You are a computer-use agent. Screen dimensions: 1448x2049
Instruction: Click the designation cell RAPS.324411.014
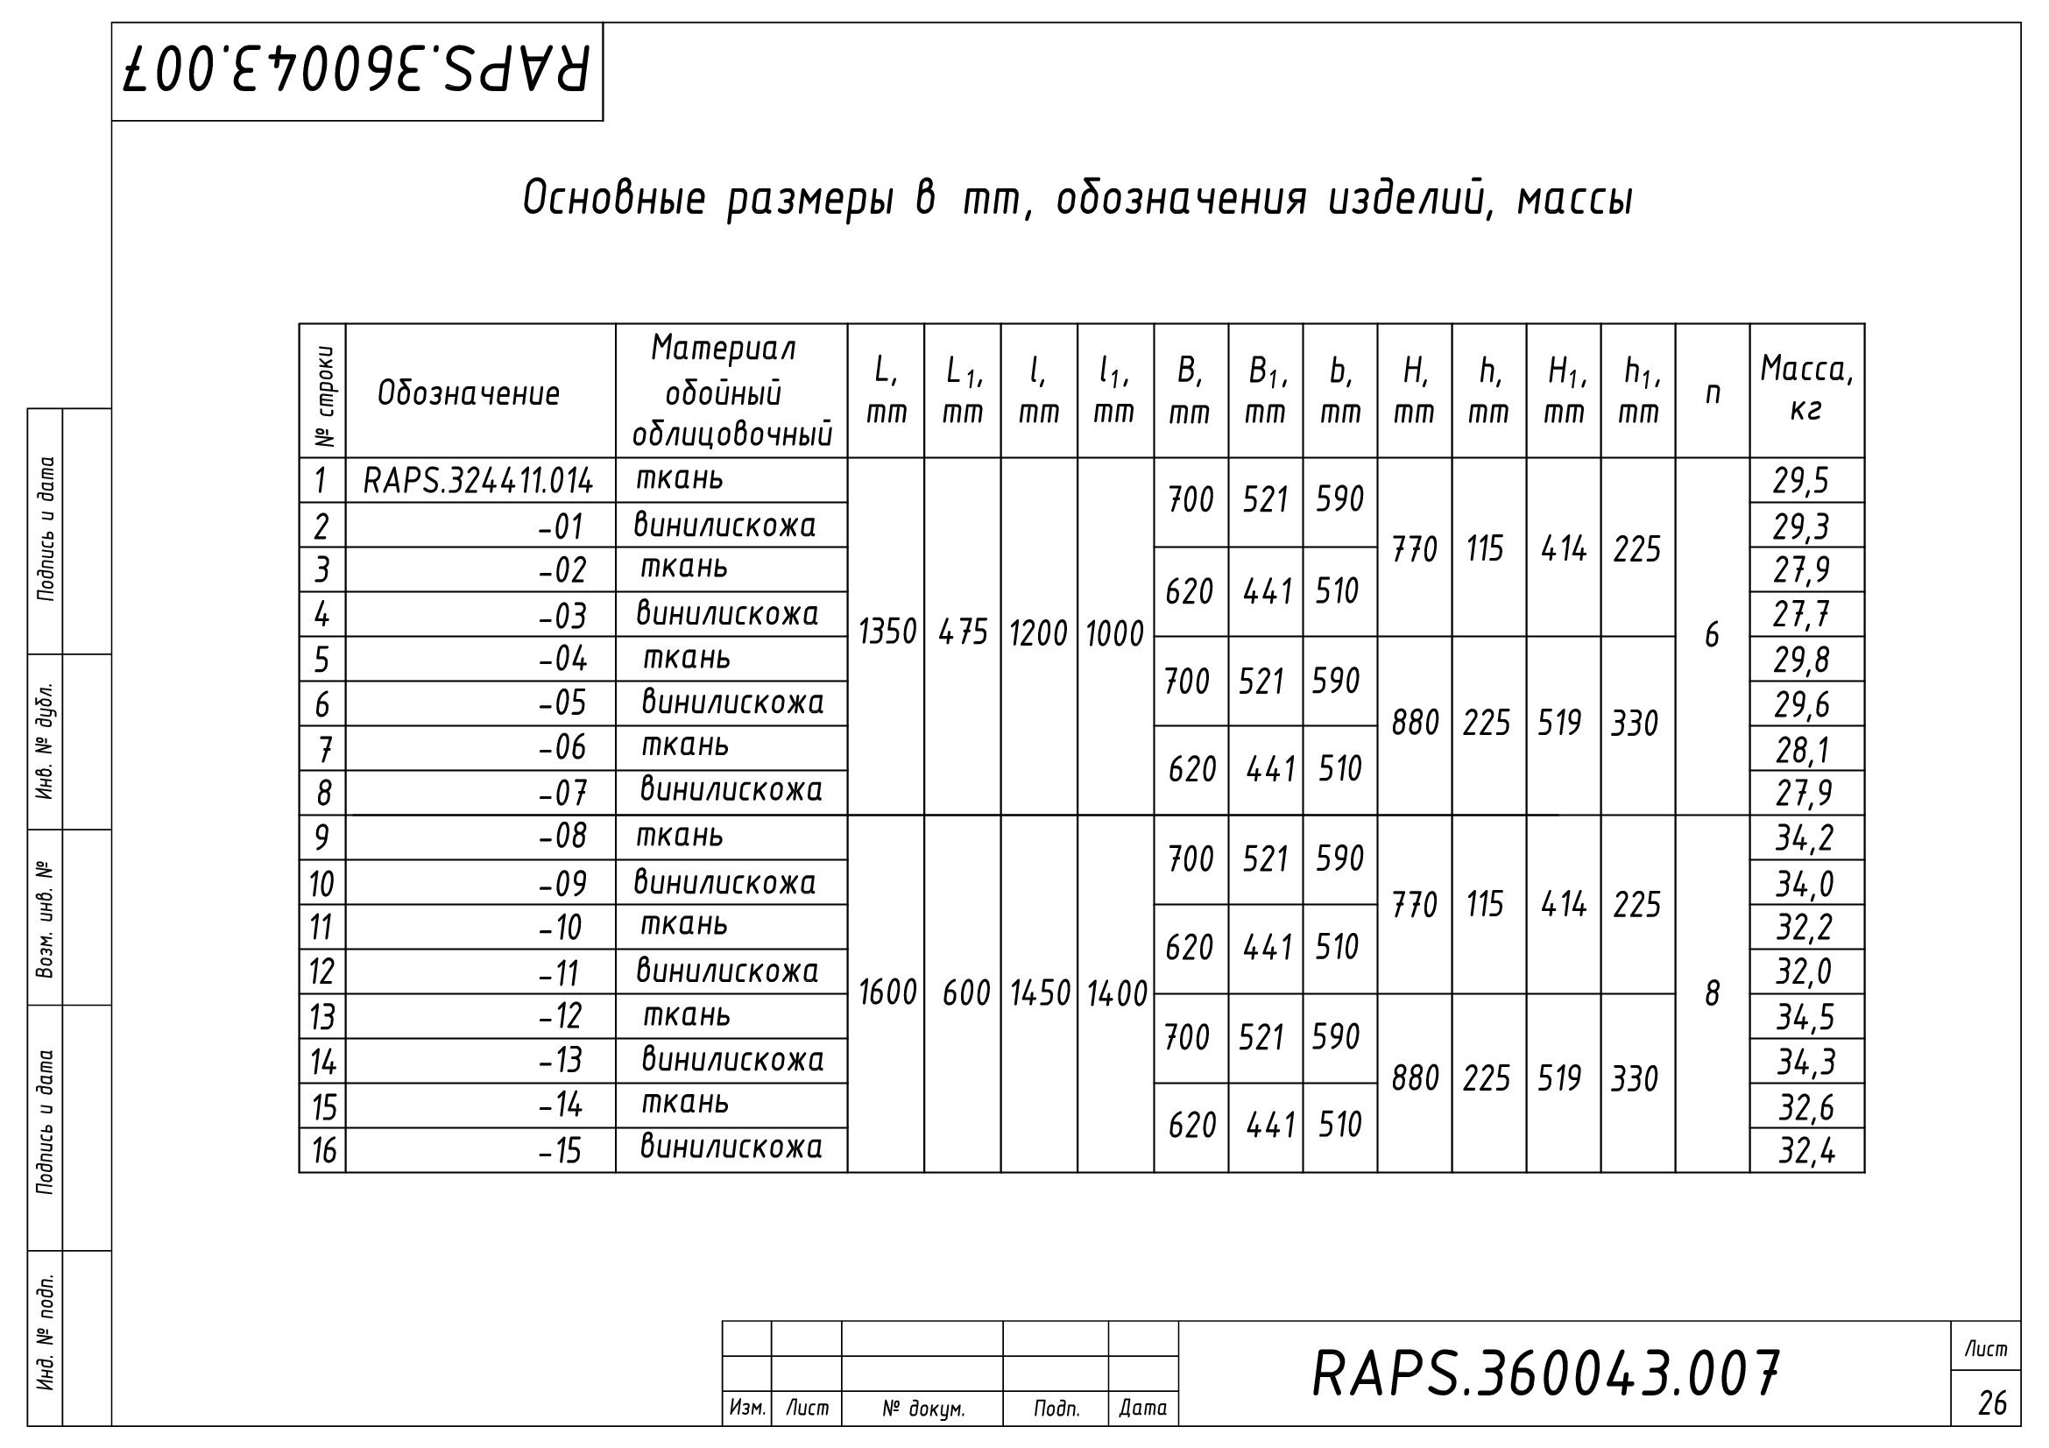coord(477,482)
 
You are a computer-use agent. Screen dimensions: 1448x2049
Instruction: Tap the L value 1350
coord(887,632)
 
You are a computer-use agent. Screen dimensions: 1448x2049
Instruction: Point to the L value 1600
coord(887,993)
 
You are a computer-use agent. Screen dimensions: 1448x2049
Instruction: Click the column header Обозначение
coord(469,393)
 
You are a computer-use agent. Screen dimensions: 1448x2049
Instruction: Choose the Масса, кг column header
coord(1806,390)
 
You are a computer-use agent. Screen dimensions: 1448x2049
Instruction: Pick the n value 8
coord(1712,994)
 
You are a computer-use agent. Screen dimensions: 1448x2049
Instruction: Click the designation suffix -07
coord(562,792)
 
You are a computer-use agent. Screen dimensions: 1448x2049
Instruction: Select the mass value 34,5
coord(1804,1017)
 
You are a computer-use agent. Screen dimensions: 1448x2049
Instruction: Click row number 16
coord(323,1151)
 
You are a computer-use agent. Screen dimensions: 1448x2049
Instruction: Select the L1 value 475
coord(963,632)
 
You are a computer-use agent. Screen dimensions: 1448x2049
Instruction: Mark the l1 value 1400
coord(1115,994)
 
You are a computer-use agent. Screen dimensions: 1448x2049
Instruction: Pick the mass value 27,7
coord(1801,615)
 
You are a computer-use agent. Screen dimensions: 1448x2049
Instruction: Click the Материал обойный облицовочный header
coord(731,392)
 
